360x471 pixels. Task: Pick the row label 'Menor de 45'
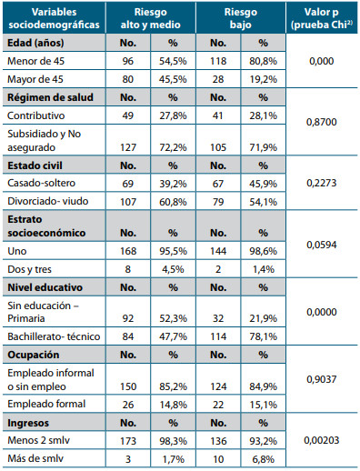[36, 63]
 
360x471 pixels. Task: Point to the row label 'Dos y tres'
[32, 268]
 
